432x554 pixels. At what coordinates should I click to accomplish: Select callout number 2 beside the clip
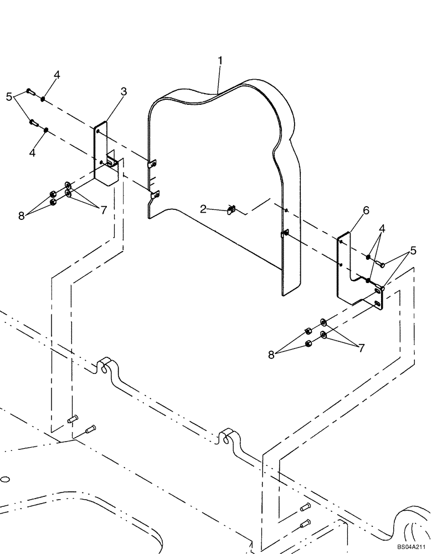pyautogui.click(x=204, y=209)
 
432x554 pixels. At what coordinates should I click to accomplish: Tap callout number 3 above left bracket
pyautogui.click(x=124, y=92)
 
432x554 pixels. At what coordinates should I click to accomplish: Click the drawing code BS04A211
pyautogui.click(x=412, y=546)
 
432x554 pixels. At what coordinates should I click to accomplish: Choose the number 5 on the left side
pyautogui.click(x=9, y=97)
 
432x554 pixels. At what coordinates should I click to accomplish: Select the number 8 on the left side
pyautogui.click(x=22, y=216)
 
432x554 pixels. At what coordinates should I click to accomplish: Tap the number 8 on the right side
pyautogui.click(x=271, y=355)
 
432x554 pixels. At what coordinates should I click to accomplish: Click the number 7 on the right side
pyautogui.click(x=361, y=348)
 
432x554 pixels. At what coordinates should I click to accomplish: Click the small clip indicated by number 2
pyautogui.click(x=232, y=209)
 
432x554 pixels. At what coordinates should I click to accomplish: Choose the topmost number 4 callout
pyautogui.click(x=56, y=74)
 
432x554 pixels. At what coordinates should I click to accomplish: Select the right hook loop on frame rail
pyautogui.click(x=227, y=436)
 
